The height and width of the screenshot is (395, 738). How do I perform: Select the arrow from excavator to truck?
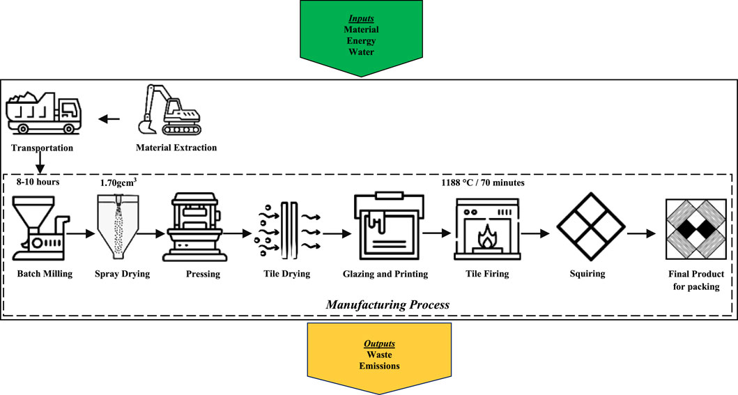(x=109, y=119)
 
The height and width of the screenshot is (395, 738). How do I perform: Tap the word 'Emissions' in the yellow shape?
(x=380, y=366)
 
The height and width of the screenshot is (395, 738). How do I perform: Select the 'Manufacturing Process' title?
(x=369, y=304)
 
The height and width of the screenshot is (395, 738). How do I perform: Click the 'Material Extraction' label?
(x=176, y=148)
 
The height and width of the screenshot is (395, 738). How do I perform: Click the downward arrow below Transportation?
(x=42, y=163)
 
